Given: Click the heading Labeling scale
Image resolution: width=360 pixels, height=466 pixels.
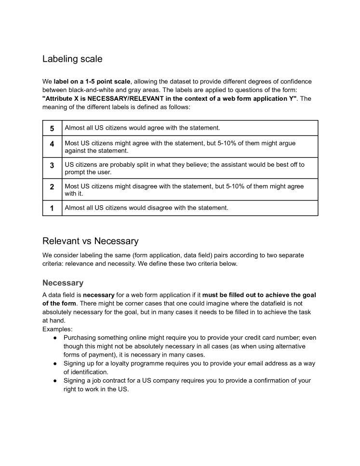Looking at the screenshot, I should tap(72, 59).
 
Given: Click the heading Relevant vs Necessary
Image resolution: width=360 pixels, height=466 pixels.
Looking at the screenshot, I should tap(90, 241).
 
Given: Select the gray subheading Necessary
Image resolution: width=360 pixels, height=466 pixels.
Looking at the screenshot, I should tap(63, 283).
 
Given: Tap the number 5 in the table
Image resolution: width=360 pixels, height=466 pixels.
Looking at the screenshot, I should tap(52, 128).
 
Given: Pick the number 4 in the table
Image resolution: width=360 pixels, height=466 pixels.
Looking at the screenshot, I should tap(52, 144).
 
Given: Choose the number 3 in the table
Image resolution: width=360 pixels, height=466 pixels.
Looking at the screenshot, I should tap(52, 165).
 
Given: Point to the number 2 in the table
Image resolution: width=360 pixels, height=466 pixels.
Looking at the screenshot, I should tap(52, 186).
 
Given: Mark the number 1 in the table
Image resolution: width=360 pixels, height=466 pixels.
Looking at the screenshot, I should tap(52, 208).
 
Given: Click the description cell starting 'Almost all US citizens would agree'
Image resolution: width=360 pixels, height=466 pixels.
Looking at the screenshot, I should tap(142, 128).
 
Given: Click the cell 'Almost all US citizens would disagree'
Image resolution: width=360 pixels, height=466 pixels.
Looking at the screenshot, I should tap(146, 208).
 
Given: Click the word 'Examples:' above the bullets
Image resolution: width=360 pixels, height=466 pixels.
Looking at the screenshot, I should tap(57, 329).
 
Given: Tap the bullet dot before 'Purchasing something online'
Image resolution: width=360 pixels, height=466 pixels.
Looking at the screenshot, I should tap(55, 338).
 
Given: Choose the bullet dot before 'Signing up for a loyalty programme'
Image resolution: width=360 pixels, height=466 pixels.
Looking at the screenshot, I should tap(55, 363).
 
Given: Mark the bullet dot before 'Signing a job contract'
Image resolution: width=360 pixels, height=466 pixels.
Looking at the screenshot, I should tap(55, 381).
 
